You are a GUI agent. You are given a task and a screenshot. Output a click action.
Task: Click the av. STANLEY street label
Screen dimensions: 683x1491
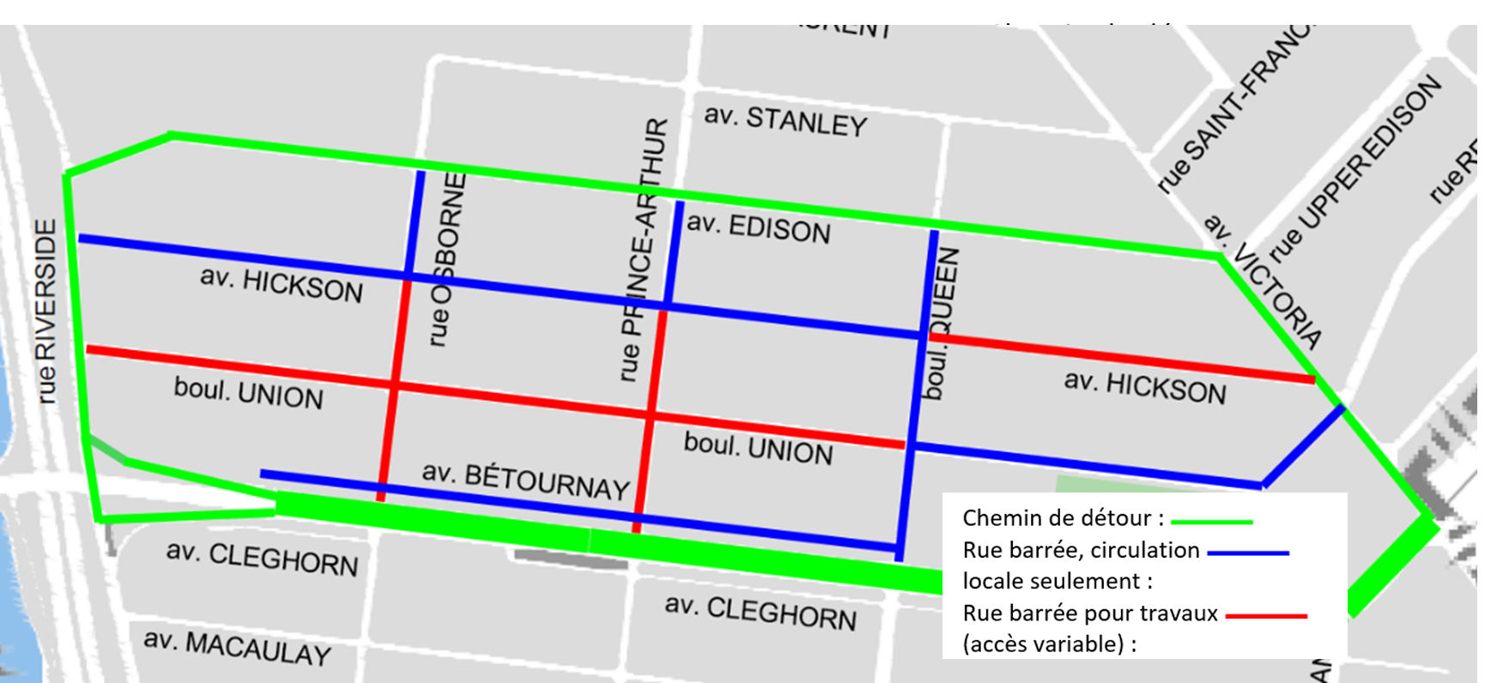785,121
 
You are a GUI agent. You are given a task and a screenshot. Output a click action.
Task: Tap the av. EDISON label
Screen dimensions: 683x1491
759,228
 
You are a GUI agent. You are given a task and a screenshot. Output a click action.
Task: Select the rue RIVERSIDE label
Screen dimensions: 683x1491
45,311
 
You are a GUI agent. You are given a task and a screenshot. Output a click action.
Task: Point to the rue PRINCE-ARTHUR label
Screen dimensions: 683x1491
643,249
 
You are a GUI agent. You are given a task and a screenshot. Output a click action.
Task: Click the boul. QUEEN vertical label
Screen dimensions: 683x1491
941,323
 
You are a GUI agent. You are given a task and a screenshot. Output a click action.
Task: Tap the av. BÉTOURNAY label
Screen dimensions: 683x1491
525,481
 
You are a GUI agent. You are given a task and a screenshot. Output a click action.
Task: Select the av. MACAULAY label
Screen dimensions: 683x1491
237,648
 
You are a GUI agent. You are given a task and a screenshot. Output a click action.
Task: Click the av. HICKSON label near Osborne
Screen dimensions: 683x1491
282,285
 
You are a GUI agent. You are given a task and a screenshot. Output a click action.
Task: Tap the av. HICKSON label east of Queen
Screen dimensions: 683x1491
1145,388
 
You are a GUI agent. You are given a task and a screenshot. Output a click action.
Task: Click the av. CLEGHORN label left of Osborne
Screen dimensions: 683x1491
262,559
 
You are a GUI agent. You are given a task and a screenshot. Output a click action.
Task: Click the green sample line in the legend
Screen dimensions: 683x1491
1211,521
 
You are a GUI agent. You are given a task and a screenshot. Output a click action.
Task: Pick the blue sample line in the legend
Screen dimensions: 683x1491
1247,553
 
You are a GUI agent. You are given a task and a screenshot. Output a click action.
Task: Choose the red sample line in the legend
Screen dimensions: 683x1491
1265,615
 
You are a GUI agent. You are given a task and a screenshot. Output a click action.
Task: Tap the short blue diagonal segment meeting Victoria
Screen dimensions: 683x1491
1302,447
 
